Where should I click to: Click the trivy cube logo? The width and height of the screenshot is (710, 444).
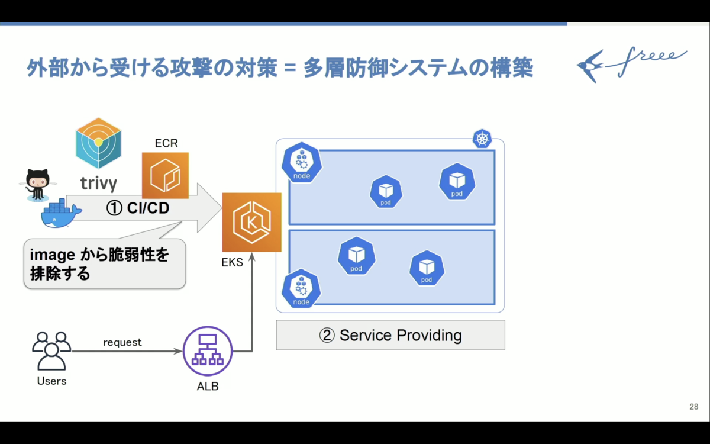(98, 143)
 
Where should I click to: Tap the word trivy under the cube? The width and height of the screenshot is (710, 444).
(99, 184)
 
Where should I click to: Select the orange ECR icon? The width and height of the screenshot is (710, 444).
(165, 175)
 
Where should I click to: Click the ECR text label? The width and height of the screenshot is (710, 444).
(166, 143)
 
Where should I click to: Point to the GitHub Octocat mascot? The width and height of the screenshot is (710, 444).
(38, 185)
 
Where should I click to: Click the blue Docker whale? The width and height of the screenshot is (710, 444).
(61, 213)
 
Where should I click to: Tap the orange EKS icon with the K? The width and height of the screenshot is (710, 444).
(251, 223)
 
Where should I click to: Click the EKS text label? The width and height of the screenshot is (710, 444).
(233, 263)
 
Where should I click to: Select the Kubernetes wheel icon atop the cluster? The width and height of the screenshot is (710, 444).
(482, 139)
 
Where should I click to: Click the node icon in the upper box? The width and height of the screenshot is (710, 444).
(302, 162)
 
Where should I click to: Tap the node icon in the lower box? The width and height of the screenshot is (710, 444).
(301, 288)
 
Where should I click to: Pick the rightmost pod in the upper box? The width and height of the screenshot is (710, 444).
(457, 181)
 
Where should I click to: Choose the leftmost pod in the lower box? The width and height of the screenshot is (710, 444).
(357, 256)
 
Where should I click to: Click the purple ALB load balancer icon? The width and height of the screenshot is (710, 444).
(208, 351)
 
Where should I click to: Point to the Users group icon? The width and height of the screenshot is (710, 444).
(51, 351)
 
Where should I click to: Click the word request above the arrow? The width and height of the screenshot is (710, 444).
(122, 343)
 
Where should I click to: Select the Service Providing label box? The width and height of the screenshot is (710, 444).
(390, 335)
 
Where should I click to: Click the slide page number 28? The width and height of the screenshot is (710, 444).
(694, 407)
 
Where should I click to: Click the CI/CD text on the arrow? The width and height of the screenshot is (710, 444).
(148, 208)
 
